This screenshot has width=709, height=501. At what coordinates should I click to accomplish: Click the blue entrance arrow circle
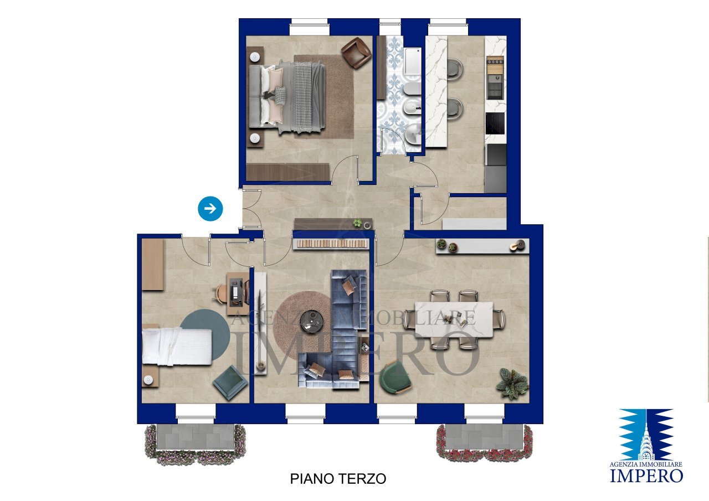click(x=210, y=209)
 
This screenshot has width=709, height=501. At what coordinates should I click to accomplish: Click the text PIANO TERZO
click(x=338, y=479)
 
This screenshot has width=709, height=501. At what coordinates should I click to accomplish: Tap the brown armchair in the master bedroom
click(x=356, y=53)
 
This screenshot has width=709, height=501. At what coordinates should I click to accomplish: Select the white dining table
click(x=454, y=319)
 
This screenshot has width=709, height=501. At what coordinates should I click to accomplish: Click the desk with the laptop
click(x=237, y=290)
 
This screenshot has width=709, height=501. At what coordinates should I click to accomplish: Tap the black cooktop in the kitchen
click(x=495, y=123)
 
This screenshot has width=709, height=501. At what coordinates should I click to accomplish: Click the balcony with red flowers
click(x=484, y=442)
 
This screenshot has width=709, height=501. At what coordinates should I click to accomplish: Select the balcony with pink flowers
click(x=195, y=443)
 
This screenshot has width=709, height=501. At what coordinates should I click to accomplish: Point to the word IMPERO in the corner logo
click(x=646, y=475)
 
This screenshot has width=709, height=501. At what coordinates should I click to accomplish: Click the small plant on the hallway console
click(x=358, y=223)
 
